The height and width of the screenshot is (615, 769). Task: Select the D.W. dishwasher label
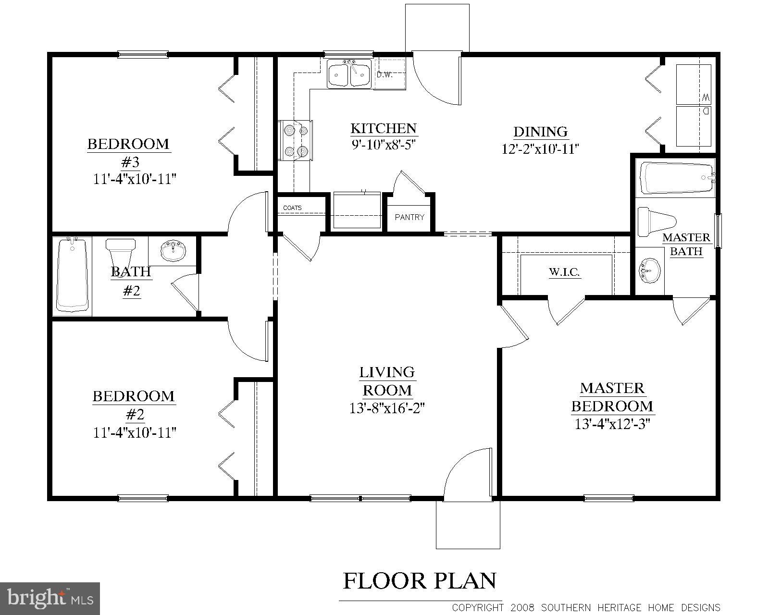[x=384, y=74]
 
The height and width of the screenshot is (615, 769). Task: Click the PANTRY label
[x=409, y=217]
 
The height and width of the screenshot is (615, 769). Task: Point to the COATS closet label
[x=292, y=208]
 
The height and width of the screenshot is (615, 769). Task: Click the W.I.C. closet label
[x=564, y=272]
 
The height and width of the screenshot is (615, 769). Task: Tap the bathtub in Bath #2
[x=72, y=275]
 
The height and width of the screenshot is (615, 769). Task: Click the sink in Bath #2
[x=173, y=251]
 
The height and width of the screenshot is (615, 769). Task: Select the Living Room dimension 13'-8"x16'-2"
[x=387, y=408]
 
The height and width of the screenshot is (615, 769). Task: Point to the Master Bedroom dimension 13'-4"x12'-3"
[x=612, y=424]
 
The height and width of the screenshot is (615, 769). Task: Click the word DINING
[x=540, y=132]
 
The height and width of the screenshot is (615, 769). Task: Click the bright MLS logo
[x=50, y=598]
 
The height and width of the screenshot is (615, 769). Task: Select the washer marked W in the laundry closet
[x=694, y=85]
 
